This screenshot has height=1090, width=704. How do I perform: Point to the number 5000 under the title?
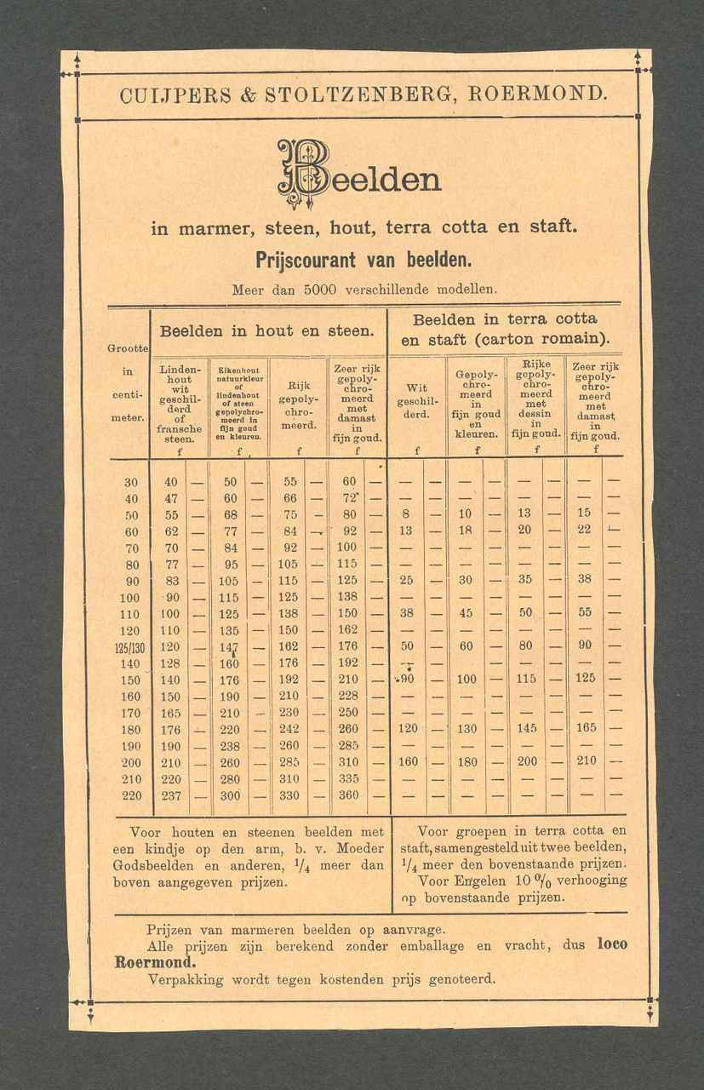coord(321,290)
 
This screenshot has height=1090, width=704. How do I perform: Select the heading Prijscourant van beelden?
coord(363,259)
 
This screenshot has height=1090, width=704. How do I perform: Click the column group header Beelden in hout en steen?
coord(267,330)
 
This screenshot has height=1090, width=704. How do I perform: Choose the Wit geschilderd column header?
coord(417,401)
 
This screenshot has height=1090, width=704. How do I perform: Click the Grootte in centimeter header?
coord(128,383)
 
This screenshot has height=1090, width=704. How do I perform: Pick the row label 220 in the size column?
coord(131,795)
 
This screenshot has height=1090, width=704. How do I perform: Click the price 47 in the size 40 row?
coord(171,498)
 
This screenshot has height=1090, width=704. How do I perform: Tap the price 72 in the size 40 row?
coord(349,497)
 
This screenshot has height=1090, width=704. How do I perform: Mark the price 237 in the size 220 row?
coord(171,795)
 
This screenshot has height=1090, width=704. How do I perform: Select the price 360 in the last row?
coord(349,795)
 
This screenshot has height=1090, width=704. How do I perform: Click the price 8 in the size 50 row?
coord(406,513)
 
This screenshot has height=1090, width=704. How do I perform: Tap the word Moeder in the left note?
coord(360,848)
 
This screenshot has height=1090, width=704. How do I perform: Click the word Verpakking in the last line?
coord(186,979)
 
